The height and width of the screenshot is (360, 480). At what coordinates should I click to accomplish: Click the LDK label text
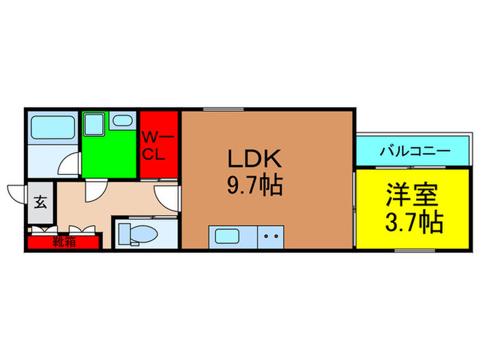click(254, 160)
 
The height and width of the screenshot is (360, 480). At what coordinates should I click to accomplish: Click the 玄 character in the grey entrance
click(40, 203)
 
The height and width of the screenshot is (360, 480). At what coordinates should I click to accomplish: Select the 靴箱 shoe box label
click(63, 241)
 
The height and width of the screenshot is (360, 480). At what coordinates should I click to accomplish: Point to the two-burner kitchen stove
click(271, 237)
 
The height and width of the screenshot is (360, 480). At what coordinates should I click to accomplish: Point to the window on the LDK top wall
click(215, 108)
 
